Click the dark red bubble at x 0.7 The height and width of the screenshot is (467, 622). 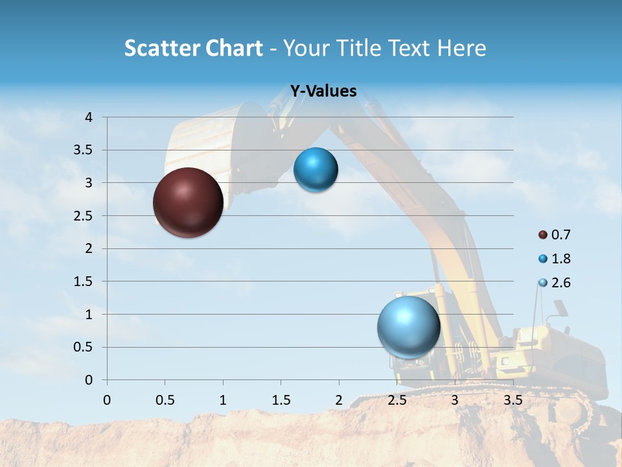188,202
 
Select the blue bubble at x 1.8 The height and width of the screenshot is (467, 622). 316,170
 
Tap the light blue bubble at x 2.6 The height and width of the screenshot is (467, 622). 408,327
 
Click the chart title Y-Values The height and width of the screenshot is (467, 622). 323,91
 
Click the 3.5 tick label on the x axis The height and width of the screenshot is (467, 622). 513,400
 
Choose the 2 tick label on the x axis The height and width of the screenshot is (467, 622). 339,400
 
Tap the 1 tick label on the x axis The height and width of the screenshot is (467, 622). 223,400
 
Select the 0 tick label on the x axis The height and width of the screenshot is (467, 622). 107,400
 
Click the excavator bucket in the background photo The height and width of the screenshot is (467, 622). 201,146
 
